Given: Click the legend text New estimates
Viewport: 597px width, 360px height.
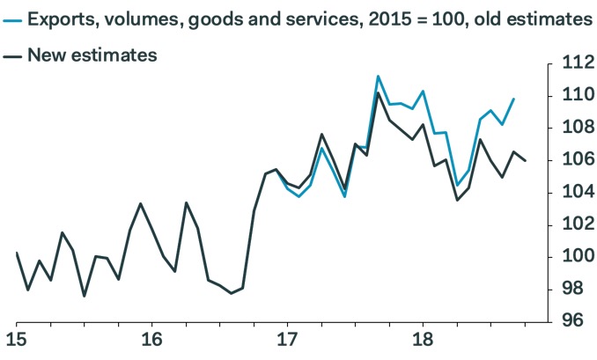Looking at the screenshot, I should coord(92,55).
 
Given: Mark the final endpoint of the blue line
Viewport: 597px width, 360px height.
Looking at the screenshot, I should coord(513,99).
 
